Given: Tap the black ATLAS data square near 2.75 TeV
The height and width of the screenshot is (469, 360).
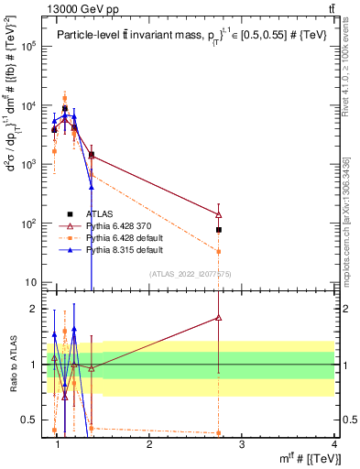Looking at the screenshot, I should (x=219, y=230).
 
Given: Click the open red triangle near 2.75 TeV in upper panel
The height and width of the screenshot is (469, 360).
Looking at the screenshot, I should (x=219, y=215).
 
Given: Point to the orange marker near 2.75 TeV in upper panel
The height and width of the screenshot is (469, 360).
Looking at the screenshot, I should (x=219, y=251).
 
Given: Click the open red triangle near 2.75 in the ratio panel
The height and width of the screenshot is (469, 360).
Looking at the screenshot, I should (x=219, y=318).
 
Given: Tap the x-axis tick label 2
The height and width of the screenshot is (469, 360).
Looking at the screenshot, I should (x=149, y=444).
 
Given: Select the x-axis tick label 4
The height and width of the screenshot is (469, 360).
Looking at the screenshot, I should (x=334, y=444).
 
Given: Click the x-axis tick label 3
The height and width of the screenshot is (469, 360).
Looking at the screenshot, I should (x=242, y=444).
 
